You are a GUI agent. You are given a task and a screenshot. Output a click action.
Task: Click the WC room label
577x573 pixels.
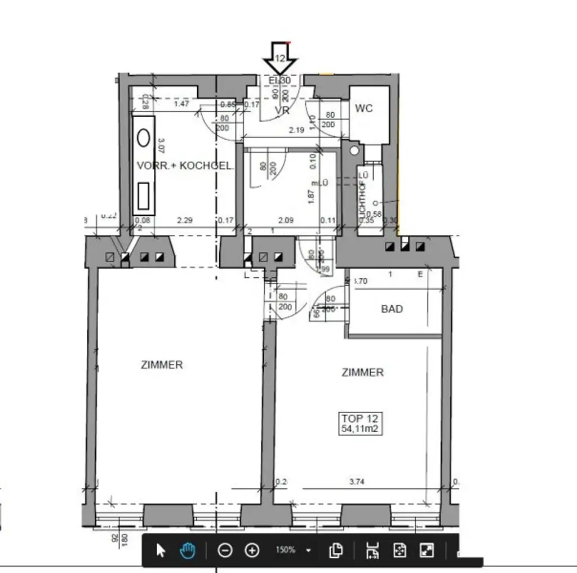pyautogui.click(x=364, y=108)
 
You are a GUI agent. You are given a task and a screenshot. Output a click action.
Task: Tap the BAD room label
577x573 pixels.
pyautogui.click(x=392, y=309)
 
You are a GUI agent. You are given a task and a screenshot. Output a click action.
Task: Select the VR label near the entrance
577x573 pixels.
pyautogui.click(x=282, y=111)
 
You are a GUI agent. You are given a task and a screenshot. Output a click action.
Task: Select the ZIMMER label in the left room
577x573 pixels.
pyautogui.click(x=162, y=365)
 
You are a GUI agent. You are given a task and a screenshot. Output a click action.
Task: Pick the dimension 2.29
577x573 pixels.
pyautogui.click(x=184, y=220)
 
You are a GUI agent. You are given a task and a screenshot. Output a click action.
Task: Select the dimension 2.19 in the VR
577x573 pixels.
pyautogui.click(x=296, y=130)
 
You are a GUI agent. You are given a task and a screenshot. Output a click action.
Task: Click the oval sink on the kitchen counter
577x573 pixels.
pyautogui.click(x=144, y=137)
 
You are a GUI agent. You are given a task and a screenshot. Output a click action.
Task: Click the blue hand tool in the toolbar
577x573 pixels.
pyautogui.click(x=188, y=550)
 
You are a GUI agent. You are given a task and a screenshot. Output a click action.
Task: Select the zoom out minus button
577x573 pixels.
pyautogui.click(x=225, y=550)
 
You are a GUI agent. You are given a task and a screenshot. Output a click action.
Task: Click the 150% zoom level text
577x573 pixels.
pyautogui.click(x=285, y=550)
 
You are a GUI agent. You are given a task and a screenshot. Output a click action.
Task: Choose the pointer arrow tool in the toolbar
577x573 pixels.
pyautogui.click(x=161, y=550)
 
